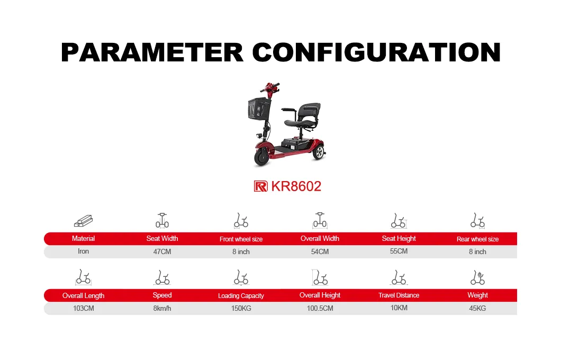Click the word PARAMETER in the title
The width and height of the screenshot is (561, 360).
tap(152, 52)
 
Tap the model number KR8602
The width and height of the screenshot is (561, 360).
tap(296, 186)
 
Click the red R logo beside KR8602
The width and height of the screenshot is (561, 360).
tap(260, 186)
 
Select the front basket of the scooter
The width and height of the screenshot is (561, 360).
tap(258, 109)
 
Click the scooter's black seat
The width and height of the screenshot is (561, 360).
tap(303, 117)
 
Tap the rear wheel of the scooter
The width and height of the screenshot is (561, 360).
tap(319, 152)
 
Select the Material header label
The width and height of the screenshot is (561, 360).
tap(84, 239)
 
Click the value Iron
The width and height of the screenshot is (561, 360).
tap(84, 251)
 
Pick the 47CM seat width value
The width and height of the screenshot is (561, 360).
tap(162, 251)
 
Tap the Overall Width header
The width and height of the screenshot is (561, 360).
tap(320, 239)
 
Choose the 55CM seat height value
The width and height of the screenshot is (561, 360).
tap(399, 251)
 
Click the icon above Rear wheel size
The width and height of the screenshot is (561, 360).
tap(477, 220)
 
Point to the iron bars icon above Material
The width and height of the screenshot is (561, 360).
tap(84, 221)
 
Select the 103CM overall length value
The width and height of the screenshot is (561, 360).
tap(84, 308)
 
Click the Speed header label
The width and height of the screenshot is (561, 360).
tap(162, 295)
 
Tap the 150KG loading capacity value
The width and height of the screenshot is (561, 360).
tap(241, 308)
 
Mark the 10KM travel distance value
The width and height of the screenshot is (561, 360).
tap(399, 308)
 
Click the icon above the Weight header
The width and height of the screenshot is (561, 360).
tap(477, 277)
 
